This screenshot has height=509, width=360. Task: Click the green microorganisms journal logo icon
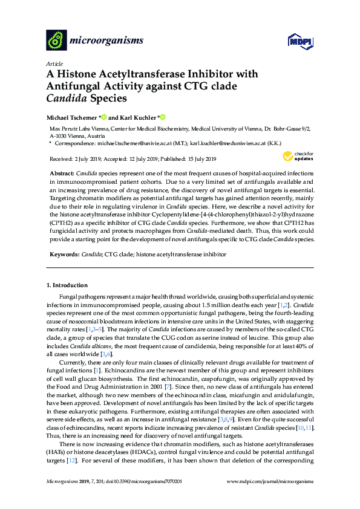click(57, 41)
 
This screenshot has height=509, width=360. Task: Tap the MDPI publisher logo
click(299, 42)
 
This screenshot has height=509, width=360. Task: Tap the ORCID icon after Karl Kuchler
click(163, 117)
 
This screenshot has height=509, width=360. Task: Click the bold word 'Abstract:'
click(62, 172)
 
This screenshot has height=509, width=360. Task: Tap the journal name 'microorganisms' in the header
click(107, 41)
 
